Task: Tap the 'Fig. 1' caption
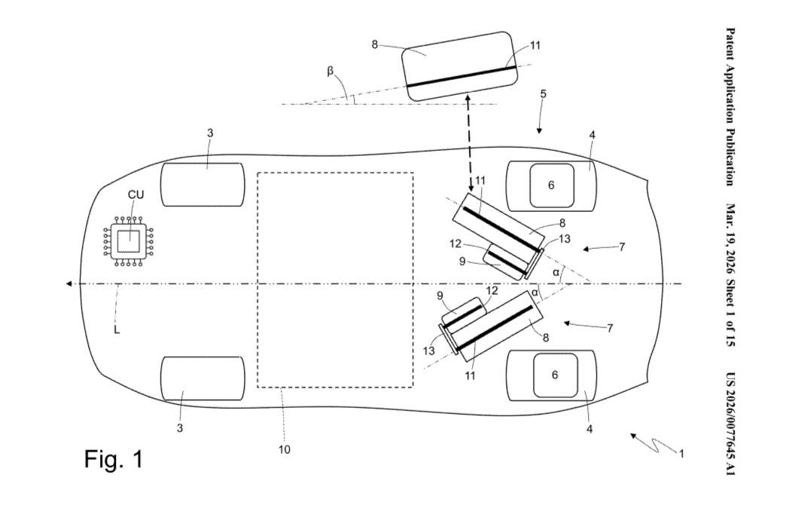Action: coord(113,458)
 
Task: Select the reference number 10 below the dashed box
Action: coord(284,450)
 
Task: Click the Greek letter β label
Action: coord(331,72)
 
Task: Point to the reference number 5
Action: coord(544,94)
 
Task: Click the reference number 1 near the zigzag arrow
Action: coord(681,454)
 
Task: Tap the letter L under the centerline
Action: coord(117,329)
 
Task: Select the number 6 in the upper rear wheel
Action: coord(551,185)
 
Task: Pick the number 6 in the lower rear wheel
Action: coord(555,375)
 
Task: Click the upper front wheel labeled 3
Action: coord(203,185)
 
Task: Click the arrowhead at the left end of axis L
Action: coord(69,283)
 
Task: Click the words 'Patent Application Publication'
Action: coord(730,106)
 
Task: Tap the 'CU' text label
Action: coord(136,195)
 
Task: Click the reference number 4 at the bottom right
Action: coord(589,429)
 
